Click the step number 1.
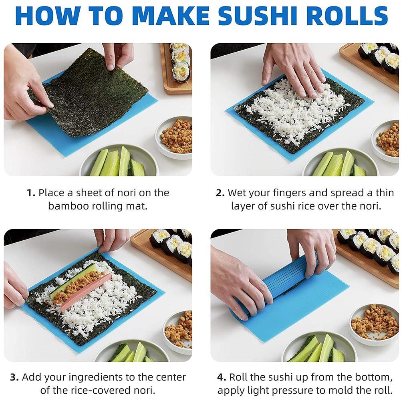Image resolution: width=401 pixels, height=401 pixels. (31, 193)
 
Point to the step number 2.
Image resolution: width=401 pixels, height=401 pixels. (220, 193)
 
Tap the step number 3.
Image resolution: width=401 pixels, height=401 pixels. (14, 377)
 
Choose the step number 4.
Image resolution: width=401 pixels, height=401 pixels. (222, 377)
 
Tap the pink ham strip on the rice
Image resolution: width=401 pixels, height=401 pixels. (85, 292)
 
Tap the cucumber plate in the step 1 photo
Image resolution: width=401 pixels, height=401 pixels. (119, 161)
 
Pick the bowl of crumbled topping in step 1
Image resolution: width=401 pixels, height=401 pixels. (174, 137)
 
